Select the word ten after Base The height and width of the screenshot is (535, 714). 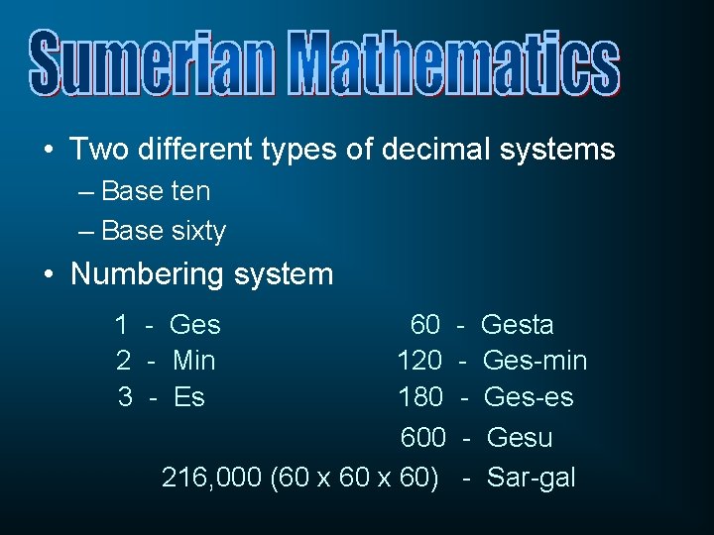[x=190, y=190]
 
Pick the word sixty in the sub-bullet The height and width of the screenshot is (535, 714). [x=198, y=231]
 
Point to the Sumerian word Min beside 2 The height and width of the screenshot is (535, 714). [x=193, y=361]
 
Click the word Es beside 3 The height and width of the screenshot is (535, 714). [x=188, y=397]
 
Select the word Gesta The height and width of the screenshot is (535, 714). [x=517, y=325]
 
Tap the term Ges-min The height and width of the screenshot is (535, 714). [x=535, y=361]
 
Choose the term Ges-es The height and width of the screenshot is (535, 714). [x=529, y=397]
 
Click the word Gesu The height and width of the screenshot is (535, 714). [x=521, y=438]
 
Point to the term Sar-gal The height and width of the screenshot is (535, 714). [x=531, y=478]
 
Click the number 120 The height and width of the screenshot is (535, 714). [x=419, y=361]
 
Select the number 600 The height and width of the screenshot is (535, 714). [x=422, y=438]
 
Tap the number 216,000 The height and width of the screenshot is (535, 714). [x=211, y=478]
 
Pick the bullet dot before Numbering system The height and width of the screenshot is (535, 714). [x=49, y=275]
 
